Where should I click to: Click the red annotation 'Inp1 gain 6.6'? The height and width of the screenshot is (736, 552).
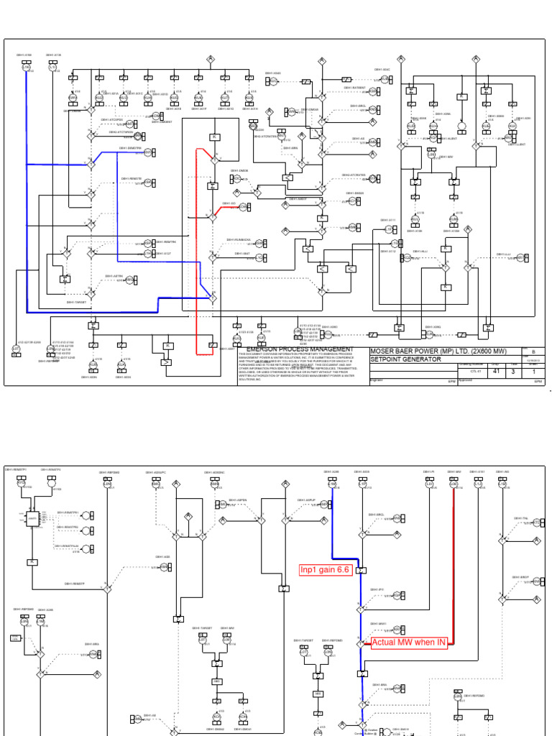pyautogui.click(x=325, y=571)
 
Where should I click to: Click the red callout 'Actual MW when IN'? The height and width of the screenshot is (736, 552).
pyautogui.click(x=409, y=643)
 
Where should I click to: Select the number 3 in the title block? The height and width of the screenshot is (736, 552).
pyautogui.click(x=514, y=372)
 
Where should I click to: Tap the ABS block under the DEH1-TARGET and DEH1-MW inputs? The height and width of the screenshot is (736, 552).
pyautogui.click(x=216, y=681)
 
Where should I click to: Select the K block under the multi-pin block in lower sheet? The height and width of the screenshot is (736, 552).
pyautogui.click(x=32, y=561)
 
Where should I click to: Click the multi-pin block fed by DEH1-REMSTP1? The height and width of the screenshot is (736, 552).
pyautogui.click(x=32, y=517)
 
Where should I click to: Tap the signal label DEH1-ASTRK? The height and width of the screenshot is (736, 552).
pyautogui.click(x=113, y=276)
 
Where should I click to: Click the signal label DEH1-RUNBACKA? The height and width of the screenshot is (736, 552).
pyautogui.click(x=239, y=239)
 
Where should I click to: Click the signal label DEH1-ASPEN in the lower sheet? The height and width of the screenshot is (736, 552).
pyautogui.click(x=238, y=499)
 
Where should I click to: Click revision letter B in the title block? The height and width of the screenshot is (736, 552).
pyautogui.click(x=533, y=352)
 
